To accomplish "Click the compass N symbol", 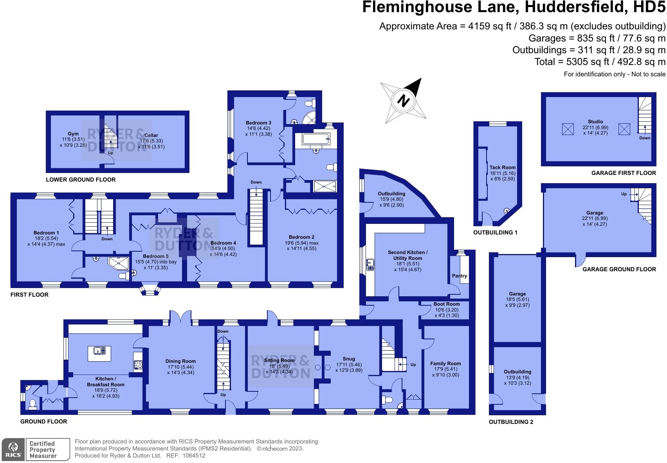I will [403, 101].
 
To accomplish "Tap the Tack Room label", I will [503, 167].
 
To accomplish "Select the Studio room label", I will [595, 122].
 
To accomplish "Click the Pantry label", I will [460, 276].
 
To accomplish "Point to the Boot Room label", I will [447, 304].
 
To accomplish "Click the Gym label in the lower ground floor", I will [73, 133].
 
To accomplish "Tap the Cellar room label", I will [151, 135].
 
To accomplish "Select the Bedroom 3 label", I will [258, 123].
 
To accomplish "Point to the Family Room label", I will [445, 363].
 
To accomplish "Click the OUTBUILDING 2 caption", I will [511, 422].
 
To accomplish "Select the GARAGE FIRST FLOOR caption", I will [624, 173].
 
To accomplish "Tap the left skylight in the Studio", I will [567, 129].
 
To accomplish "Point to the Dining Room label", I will [180, 361].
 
